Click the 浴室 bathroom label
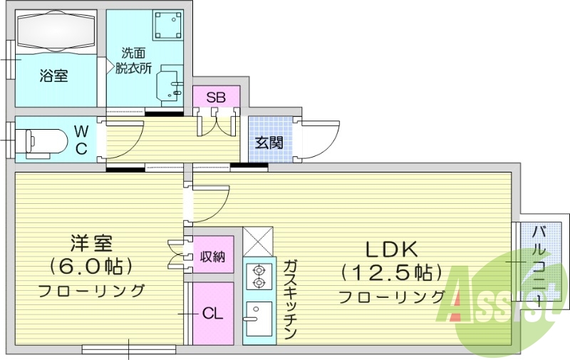coord(54,75)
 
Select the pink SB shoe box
coord(216,97)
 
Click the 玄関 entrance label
coord(270,142)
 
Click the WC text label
coord(82,140)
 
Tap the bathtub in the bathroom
coord(56,32)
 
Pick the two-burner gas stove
coord(257,277)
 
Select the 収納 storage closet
coord(212,256)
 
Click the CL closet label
coord(212,313)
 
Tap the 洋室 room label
coord(90,244)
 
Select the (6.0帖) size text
coord(90,267)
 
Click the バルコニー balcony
coord(540,265)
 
